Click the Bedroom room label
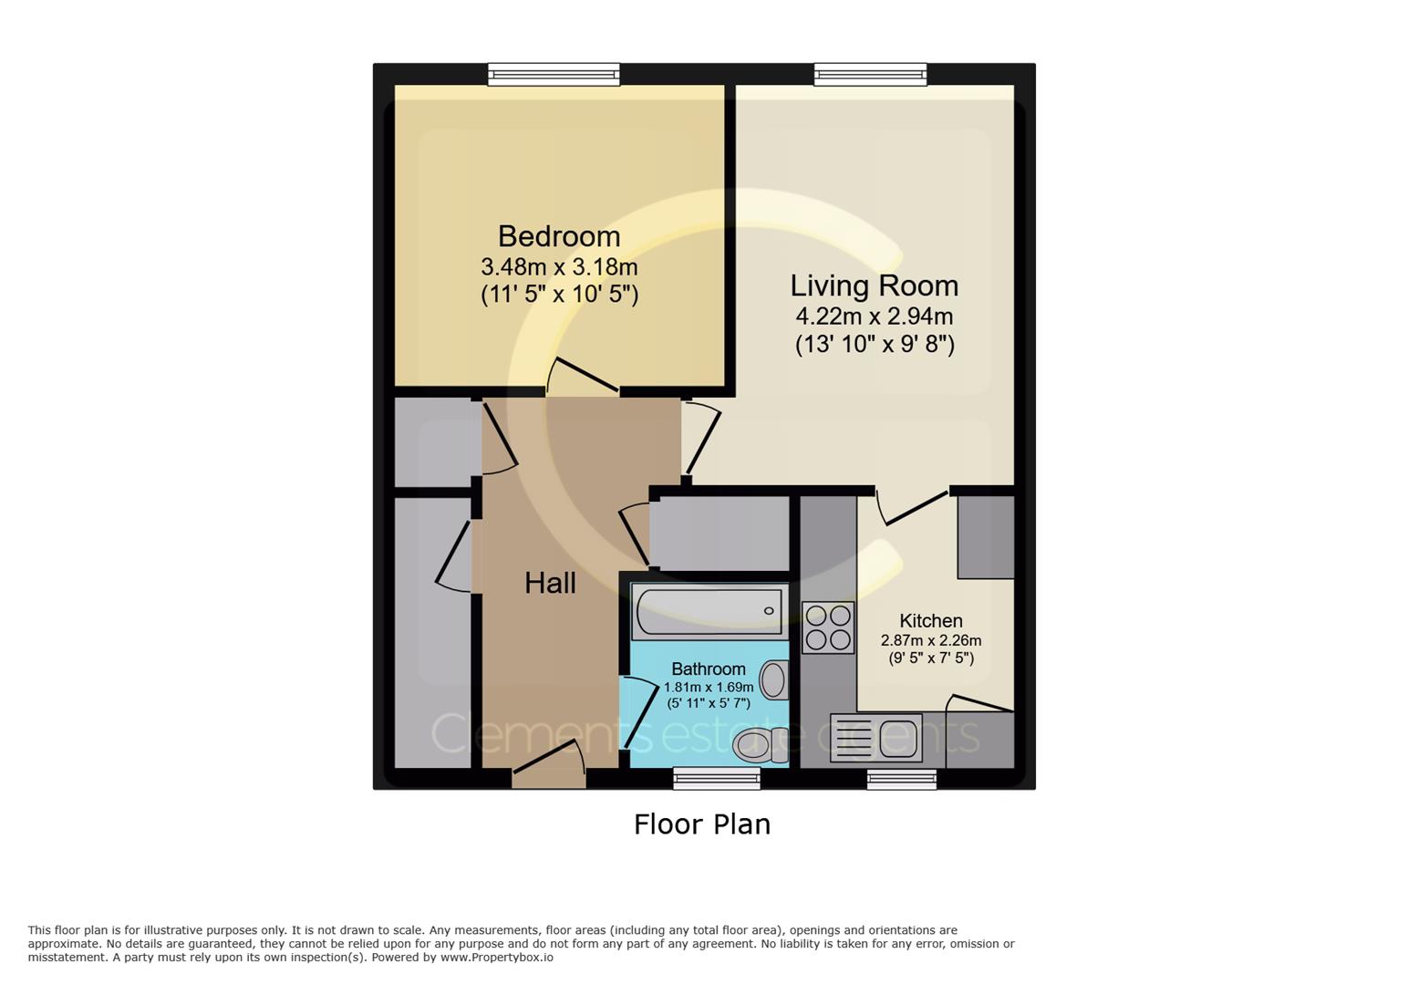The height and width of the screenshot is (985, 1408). tap(559, 236)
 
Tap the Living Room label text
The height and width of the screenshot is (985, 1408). tap(874, 285)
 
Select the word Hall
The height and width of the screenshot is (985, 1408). tap(550, 583)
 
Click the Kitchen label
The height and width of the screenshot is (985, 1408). tap(930, 620)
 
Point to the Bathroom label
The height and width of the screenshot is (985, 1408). tap(709, 669)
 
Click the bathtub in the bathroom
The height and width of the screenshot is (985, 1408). tap(708, 611)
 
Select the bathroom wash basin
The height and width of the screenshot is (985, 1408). tap(774, 679)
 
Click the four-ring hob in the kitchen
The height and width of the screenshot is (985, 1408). tap(828, 627)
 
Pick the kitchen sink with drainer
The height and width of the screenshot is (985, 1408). tap(876, 738)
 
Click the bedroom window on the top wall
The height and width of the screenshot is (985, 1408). tap(554, 74)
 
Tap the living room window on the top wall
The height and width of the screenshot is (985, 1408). tap(870, 74)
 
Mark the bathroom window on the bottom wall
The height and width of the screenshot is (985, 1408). tap(717, 778)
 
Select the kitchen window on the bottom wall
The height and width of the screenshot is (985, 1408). tap(901, 778)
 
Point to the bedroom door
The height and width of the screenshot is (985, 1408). tap(584, 377)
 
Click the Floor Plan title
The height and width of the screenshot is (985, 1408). tap(702, 824)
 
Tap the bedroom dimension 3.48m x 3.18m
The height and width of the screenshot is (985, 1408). tap(559, 267)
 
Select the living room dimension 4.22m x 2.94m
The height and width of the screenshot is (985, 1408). tap(874, 316)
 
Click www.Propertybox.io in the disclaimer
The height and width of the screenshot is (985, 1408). tap(496, 958)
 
